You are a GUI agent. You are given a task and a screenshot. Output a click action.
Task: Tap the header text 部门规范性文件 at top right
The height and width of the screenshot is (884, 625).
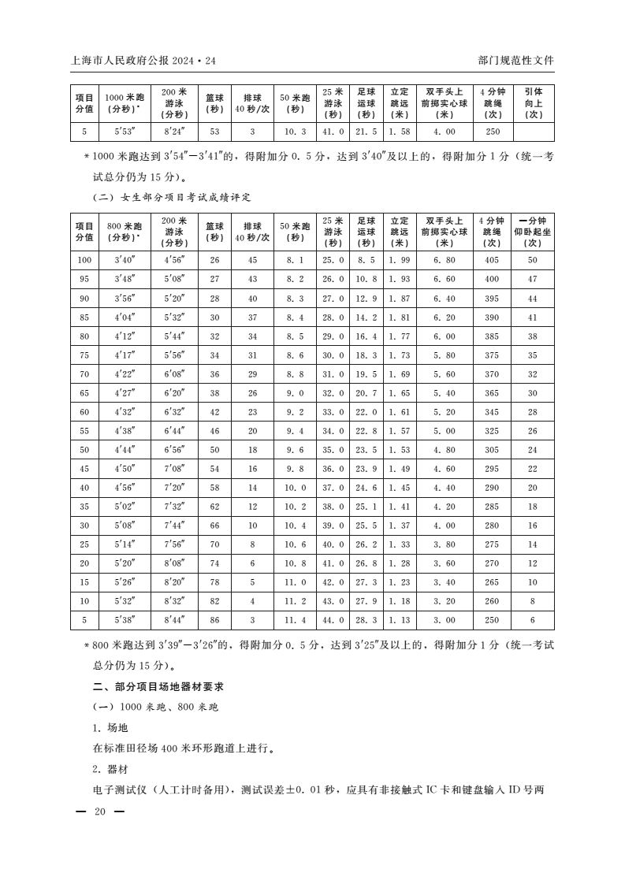(x=515, y=61)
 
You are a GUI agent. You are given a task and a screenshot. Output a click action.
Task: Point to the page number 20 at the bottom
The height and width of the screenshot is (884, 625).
(x=99, y=812)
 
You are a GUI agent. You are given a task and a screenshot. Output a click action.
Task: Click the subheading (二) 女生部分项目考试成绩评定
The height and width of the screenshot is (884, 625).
(x=172, y=196)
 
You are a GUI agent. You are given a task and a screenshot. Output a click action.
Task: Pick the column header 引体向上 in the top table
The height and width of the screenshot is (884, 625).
(x=534, y=103)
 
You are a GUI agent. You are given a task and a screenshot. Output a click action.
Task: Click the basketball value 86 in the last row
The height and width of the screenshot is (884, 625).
(x=214, y=619)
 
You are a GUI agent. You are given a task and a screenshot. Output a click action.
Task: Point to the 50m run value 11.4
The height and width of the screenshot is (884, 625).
(x=295, y=619)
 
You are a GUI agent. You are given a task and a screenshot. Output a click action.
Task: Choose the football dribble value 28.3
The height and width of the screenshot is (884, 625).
(x=366, y=619)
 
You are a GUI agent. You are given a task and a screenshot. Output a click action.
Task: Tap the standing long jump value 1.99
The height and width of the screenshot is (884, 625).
(x=399, y=260)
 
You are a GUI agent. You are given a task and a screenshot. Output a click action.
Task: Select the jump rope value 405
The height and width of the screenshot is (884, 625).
(x=492, y=260)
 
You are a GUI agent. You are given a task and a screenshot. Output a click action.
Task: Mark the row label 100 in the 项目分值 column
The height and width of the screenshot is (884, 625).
(x=84, y=260)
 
